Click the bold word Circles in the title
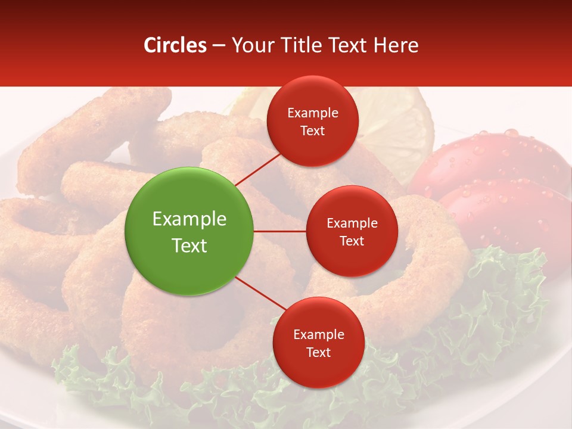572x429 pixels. pyautogui.click(x=175, y=45)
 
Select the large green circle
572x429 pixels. pyautogui.click(x=189, y=231)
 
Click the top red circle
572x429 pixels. pyautogui.click(x=313, y=122)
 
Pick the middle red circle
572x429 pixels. pyautogui.click(x=352, y=231)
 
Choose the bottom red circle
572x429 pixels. pyautogui.click(x=318, y=343)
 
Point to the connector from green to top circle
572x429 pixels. pyautogui.click(x=259, y=170)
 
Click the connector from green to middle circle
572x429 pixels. pyautogui.click(x=280, y=231)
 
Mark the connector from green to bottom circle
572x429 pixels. pyautogui.click(x=261, y=294)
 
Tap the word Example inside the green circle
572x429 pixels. pyautogui.click(x=189, y=219)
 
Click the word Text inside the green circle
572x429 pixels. pyautogui.click(x=189, y=245)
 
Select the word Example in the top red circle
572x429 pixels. pyautogui.click(x=313, y=113)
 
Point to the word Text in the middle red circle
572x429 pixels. pyautogui.click(x=352, y=241)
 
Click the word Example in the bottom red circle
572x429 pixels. pyautogui.click(x=318, y=335)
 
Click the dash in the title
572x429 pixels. pyautogui.click(x=218, y=45)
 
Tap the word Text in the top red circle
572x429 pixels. pyautogui.click(x=313, y=130)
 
